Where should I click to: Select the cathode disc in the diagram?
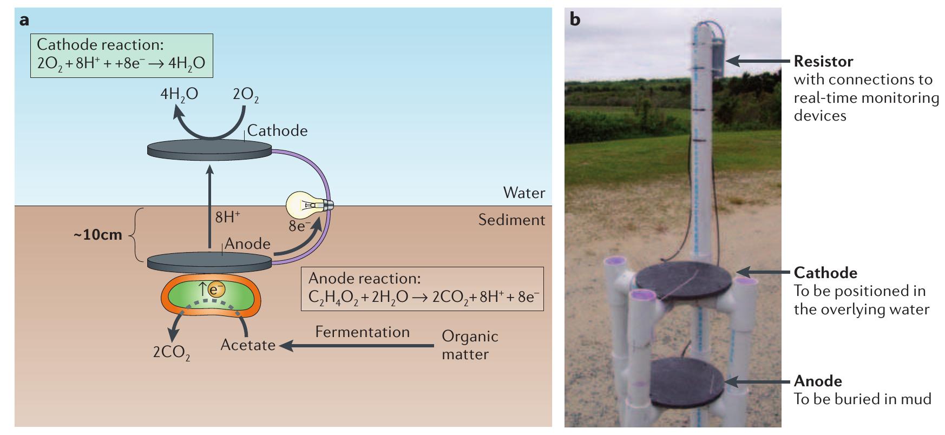pyautogui.click(x=209, y=149)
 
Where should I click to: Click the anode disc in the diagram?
pyautogui.click(x=209, y=262)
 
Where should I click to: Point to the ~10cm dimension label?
pyautogui.click(x=98, y=235)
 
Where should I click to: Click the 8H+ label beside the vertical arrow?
pyautogui.click(x=227, y=217)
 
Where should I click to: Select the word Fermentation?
pyautogui.click(x=362, y=332)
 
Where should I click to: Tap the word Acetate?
pyautogui.click(x=248, y=345)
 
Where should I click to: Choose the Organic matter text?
pyautogui.click(x=469, y=345)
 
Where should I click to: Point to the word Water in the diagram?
pyautogui.click(x=523, y=193)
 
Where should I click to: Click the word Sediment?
pyautogui.click(x=511, y=220)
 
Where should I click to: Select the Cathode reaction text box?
pyautogui.click(x=121, y=55)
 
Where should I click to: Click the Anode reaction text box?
pyautogui.click(x=422, y=288)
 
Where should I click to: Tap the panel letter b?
pyautogui.click(x=575, y=21)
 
